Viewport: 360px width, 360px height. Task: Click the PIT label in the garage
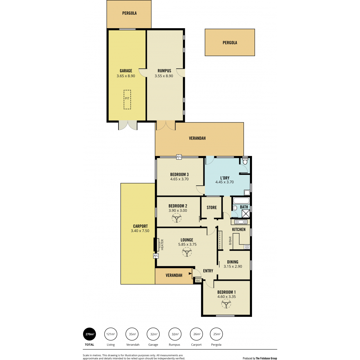click(127, 98)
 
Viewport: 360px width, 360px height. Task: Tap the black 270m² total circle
click(89, 334)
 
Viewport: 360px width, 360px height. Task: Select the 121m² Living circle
click(111, 334)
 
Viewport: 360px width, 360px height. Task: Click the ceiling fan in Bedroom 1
click(226, 304)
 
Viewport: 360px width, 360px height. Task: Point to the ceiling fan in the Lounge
click(187, 252)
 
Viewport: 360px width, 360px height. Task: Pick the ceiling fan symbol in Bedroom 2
click(176, 218)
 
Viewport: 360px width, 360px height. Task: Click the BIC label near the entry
click(198, 280)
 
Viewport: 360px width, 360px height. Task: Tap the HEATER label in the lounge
click(162, 244)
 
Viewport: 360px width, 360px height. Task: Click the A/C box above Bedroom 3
click(179, 157)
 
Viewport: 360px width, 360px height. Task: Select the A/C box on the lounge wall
click(156, 256)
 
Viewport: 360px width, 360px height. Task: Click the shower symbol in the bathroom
click(246, 214)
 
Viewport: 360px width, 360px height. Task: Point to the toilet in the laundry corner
click(245, 161)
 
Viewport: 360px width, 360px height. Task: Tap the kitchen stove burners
click(247, 247)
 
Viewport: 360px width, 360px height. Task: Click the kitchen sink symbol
click(239, 222)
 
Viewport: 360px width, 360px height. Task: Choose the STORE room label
click(212, 207)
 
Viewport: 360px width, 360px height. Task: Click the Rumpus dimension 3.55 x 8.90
click(164, 76)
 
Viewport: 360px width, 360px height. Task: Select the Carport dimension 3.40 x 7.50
click(140, 231)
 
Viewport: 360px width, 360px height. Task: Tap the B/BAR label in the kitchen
click(230, 241)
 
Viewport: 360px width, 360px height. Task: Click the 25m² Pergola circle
click(217, 334)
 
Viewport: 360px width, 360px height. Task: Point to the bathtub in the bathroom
click(241, 201)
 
